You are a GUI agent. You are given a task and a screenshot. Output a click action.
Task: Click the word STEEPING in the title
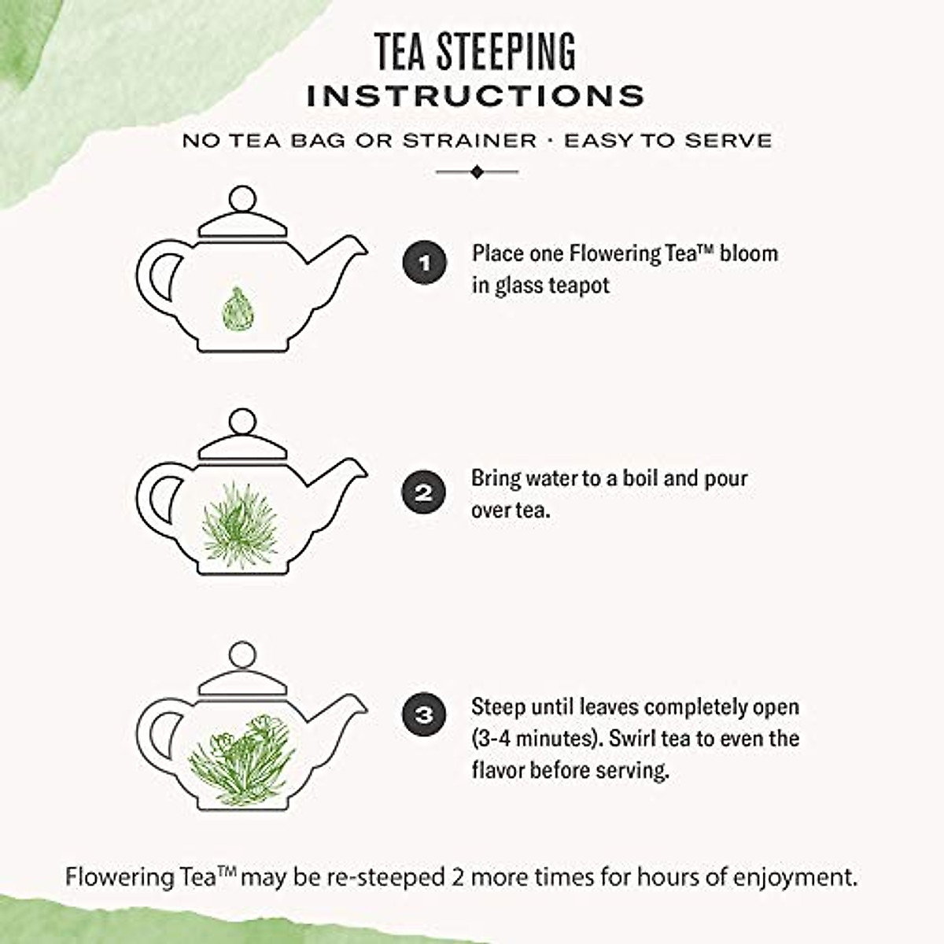tap(505, 52)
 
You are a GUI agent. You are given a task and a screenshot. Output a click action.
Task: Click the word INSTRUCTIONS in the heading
tap(475, 96)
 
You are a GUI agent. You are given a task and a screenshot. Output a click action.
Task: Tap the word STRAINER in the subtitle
tap(470, 141)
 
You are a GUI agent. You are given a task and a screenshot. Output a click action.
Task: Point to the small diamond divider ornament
tap(477, 171)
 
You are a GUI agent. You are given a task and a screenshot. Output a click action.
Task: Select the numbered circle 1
tap(425, 262)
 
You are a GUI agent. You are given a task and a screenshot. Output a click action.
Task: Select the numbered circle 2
tap(424, 493)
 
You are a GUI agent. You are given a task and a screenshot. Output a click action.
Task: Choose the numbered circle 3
tap(424, 715)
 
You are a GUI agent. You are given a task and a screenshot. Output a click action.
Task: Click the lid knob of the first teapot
tap(243, 197)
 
